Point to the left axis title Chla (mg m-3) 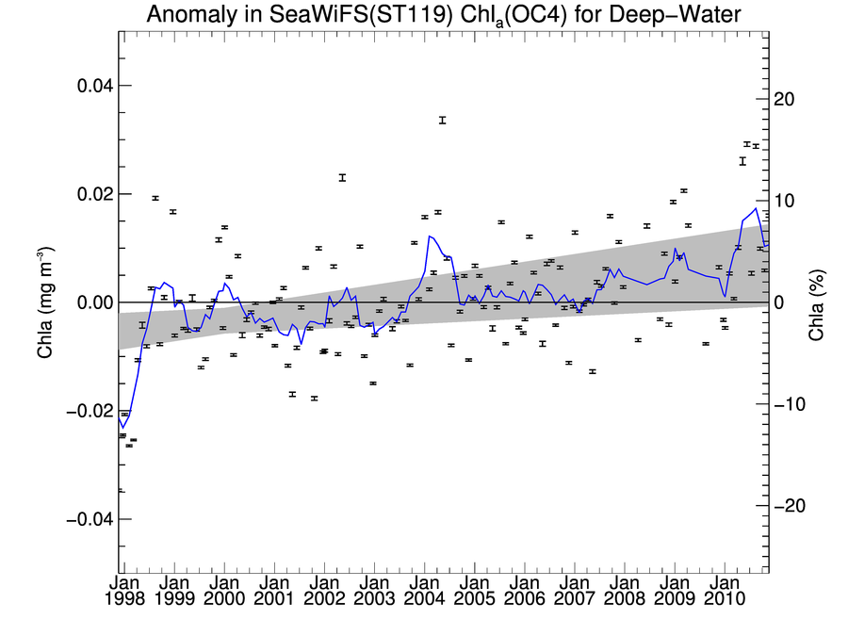(x=44, y=302)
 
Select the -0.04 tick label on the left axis (x=89, y=520)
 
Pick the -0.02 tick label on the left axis (x=89, y=412)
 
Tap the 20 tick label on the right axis (x=784, y=99)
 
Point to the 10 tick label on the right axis (x=784, y=201)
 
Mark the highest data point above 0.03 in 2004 (x=442, y=120)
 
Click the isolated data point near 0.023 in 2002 (x=342, y=177)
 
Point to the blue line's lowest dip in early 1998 (x=122, y=428)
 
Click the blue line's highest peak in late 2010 (x=756, y=208)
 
